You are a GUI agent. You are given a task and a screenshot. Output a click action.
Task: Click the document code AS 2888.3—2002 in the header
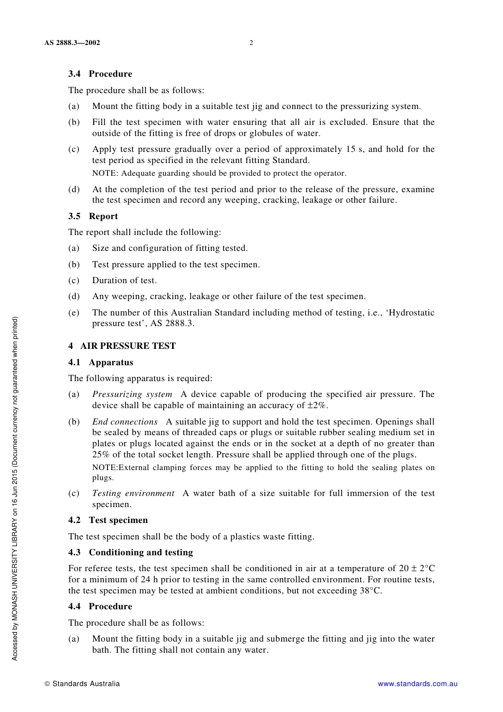point(72,43)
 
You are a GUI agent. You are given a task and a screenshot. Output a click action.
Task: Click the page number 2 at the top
point(251,43)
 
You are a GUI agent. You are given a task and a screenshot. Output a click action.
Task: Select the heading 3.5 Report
point(93,216)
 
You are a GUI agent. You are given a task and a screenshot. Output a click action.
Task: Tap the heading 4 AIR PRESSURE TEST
point(122,346)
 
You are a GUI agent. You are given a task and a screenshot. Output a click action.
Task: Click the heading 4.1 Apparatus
point(101,362)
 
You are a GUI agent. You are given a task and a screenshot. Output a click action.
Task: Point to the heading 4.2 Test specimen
point(108,520)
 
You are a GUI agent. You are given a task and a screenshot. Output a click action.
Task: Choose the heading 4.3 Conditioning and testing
point(130,552)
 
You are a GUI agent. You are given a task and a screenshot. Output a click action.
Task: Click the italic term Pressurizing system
point(132,394)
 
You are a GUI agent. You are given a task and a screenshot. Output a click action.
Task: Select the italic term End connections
point(125,422)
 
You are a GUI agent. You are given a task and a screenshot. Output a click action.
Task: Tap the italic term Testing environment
point(133,493)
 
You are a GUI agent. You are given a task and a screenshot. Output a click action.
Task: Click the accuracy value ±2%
point(317,405)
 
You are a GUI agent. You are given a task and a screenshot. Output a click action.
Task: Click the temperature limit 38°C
point(371,591)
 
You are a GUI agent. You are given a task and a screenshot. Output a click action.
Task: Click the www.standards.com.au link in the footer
point(417,683)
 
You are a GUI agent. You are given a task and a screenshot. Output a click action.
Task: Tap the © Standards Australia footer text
point(82,683)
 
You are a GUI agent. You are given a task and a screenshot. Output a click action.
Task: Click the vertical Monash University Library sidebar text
point(15,488)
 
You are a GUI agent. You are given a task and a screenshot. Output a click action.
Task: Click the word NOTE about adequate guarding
point(104,173)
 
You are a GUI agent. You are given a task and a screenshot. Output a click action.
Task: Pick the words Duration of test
point(124,281)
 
